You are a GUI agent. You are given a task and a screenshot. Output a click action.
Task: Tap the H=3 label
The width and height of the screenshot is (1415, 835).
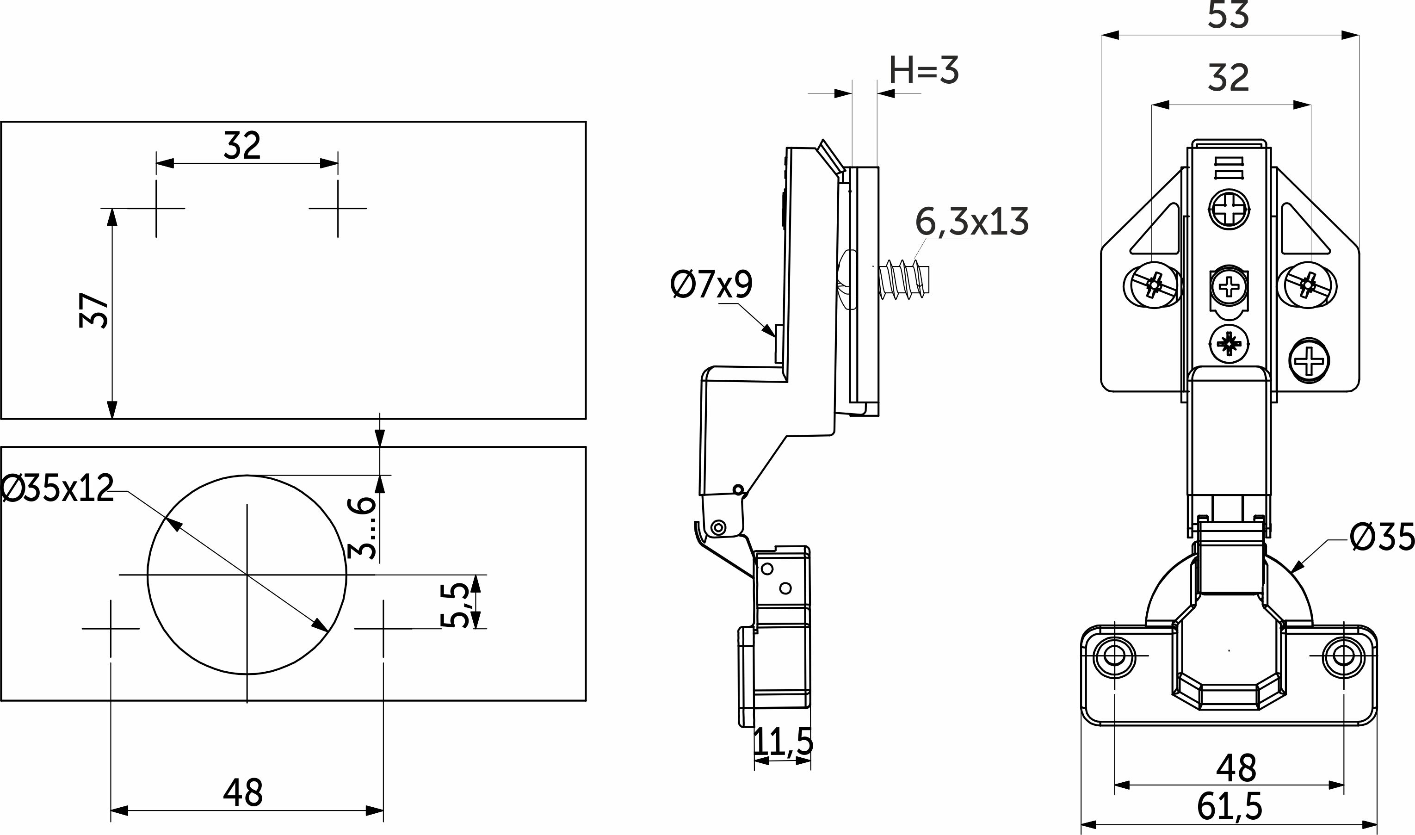click(924, 71)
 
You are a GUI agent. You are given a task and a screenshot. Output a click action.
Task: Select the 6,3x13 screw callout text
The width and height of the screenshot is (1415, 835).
click(972, 222)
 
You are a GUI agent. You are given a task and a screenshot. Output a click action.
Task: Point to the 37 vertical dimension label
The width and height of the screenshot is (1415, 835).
click(93, 309)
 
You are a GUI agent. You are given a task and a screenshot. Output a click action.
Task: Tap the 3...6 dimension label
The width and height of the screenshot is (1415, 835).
click(361, 527)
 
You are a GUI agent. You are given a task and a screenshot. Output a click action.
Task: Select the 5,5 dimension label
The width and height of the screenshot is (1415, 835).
click(455, 605)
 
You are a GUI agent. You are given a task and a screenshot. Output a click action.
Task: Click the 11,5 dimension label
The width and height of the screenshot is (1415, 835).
click(783, 742)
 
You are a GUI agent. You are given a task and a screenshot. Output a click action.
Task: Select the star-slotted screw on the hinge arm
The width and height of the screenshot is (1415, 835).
click(1229, 344)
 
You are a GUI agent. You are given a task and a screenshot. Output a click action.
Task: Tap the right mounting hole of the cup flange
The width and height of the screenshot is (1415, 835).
click(1344, 656)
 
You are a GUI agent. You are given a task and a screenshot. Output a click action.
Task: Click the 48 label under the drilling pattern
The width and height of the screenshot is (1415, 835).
click(243, 793)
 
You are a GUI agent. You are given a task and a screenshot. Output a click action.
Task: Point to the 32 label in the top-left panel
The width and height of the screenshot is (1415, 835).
click(242, 145)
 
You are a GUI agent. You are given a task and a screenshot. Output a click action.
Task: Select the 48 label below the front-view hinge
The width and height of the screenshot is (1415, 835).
click(1236, 768)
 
